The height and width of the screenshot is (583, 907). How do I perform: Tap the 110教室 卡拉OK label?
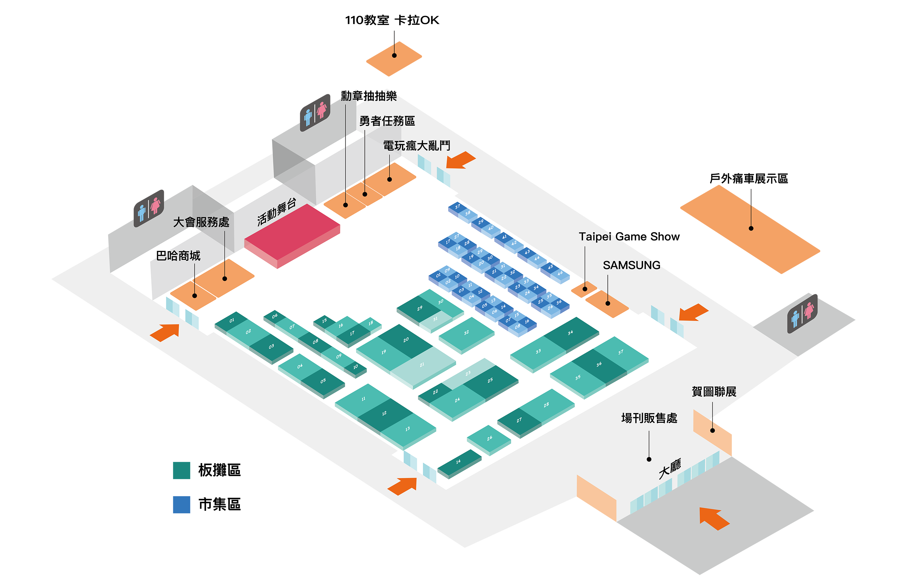[x=392, y=20]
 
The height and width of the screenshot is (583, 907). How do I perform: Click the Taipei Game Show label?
[x=629, y=237]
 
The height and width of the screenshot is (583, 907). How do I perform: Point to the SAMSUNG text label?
[x=631, y=265]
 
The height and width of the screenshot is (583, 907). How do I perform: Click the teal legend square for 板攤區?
[x=181, y=470]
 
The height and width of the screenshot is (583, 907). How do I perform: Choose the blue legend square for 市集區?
[x=181, y=504]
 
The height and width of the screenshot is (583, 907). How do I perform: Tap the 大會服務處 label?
[x=201, y=222]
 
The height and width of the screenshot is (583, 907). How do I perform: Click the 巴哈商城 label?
[x=178, y=256]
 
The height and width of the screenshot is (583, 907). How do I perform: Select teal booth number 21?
[x=422, y=365]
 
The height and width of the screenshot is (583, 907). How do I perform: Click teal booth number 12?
[x=384, y=413]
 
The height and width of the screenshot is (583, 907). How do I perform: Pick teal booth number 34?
[x=570, y=333]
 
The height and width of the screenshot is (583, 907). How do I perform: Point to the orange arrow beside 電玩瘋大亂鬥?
[x=460, y=160]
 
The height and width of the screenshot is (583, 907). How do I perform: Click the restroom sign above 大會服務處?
[x=149, y=208]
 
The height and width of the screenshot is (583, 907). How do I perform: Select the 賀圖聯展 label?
[x=714, y=392]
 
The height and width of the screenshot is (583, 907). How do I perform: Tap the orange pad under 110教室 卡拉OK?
[x=394, y=59]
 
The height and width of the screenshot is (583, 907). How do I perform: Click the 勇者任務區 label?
[x=387, y=121]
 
